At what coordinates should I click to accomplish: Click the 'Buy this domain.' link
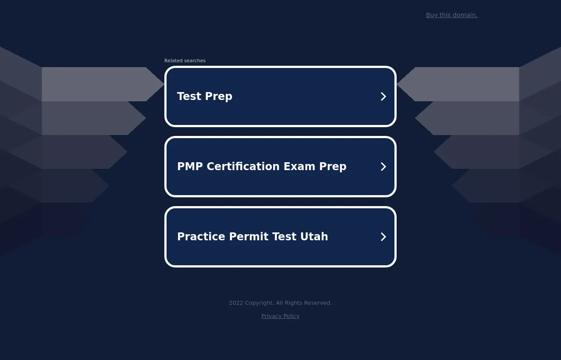tap(451, 15)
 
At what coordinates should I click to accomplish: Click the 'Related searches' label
tap(185, 61)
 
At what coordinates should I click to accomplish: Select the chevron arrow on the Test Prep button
tap(383, 96)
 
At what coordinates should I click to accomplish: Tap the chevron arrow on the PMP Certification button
tap(383, 167)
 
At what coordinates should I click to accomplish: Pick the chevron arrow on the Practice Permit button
tap(383, 237)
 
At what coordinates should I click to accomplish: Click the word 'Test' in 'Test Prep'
tap(189, 96)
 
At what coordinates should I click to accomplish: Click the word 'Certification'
tap(243, 166)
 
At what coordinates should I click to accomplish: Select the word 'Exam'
tap(299, 166)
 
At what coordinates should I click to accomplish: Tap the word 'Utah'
tap(314, 236)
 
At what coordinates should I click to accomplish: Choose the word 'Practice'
tap(201, 236)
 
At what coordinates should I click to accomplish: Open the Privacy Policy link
tap(280, 316)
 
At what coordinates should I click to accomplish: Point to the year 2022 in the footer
tap(236, 303)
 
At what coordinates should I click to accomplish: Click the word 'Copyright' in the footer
tap(259, 303)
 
